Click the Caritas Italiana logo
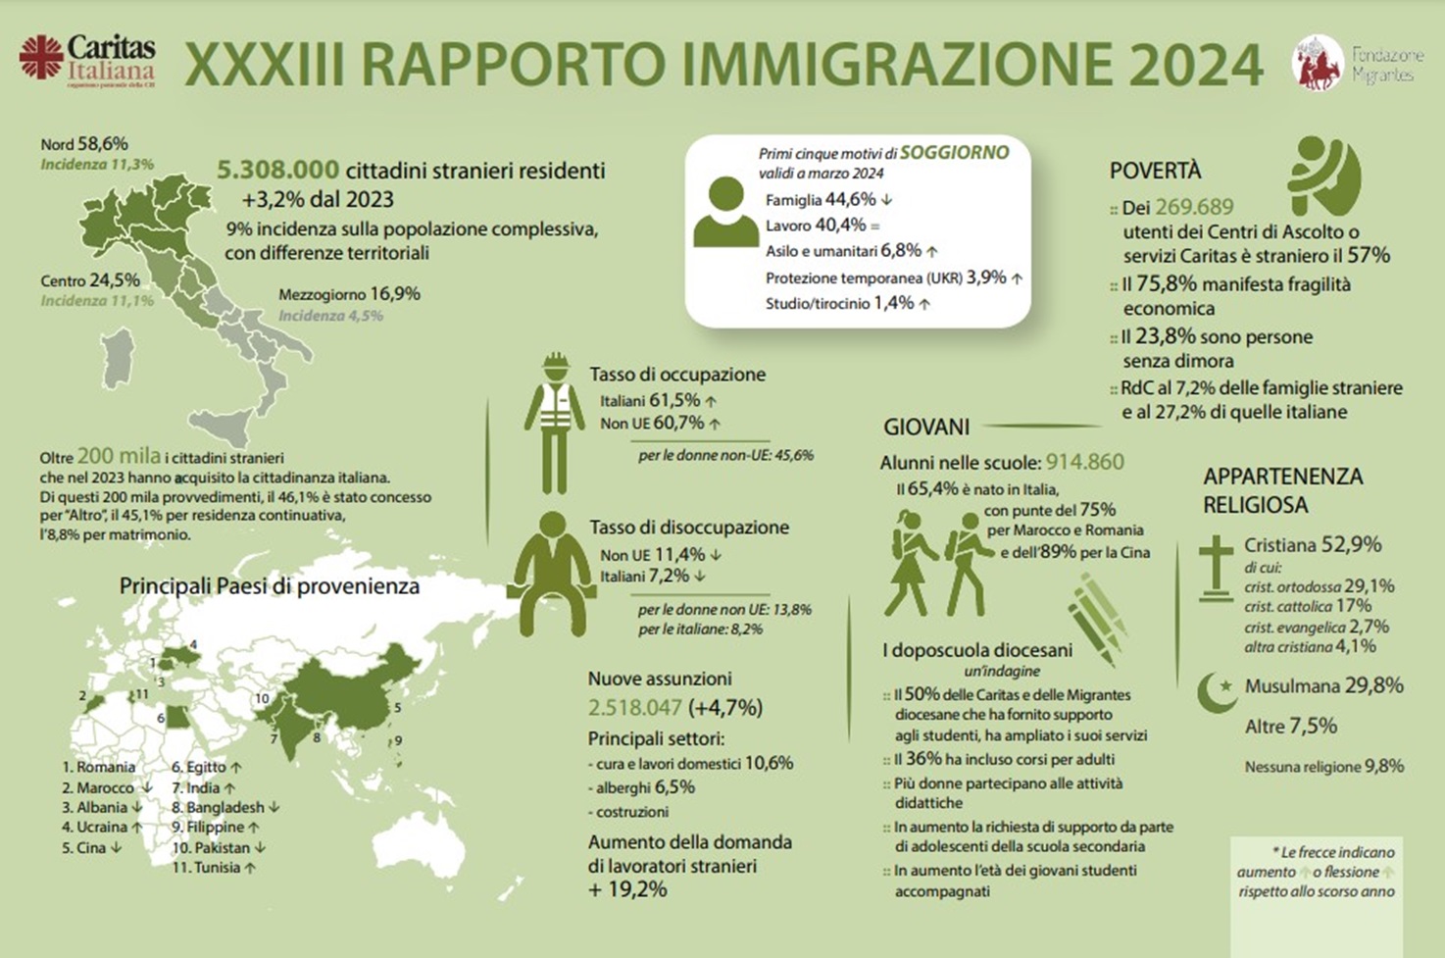(x=87, y=61)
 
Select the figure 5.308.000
(x=278, y=171)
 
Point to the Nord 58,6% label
(x=84, y=144)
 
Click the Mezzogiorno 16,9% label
(x=349, y=294)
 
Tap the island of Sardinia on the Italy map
(x=118, y=358)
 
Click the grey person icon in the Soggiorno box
(x=725, y=212)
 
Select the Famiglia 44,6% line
(x=827, y=200)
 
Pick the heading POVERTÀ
(x=1155, y=171)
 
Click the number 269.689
(x=1194, y=207)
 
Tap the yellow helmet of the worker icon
(x=556, y=362)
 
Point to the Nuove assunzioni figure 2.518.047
(x=634, y=707)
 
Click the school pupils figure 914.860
(x=1084, y=463)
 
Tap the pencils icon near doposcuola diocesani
(x=1098, y=618)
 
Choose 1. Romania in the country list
(x=99, y=767)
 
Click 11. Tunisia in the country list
(x=213, y=867)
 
